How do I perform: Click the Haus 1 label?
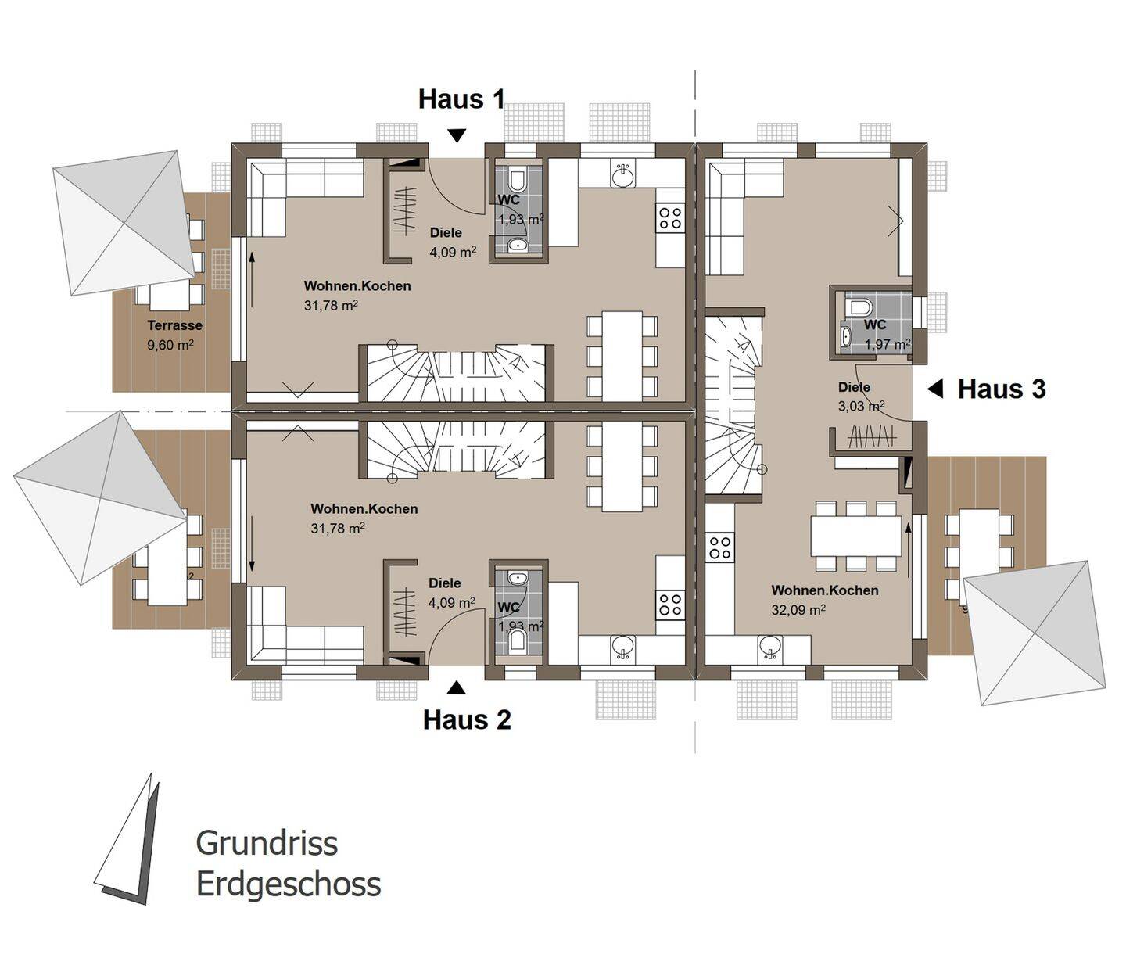tap(461, 99)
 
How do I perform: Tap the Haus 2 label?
tap(467, 719)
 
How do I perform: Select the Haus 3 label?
tap(1002, 389)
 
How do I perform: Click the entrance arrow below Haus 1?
tap(457, 135)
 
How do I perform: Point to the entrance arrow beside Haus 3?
tap(935, 389)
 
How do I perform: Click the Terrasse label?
tap(174, 325)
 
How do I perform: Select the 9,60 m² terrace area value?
tap(170, 344)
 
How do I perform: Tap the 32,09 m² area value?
tap(798, 609)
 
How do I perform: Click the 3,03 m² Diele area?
tap(861, 406)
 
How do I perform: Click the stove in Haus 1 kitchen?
tap(670, 217)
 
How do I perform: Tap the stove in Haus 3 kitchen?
tap(719, 546)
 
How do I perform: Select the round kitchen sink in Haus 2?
tap(622, 646)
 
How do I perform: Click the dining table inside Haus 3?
tap(856, 536)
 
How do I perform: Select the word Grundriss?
tap(267, 843)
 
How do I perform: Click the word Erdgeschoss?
tap(288, 884)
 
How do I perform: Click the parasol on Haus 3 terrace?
tap(1035, 632)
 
